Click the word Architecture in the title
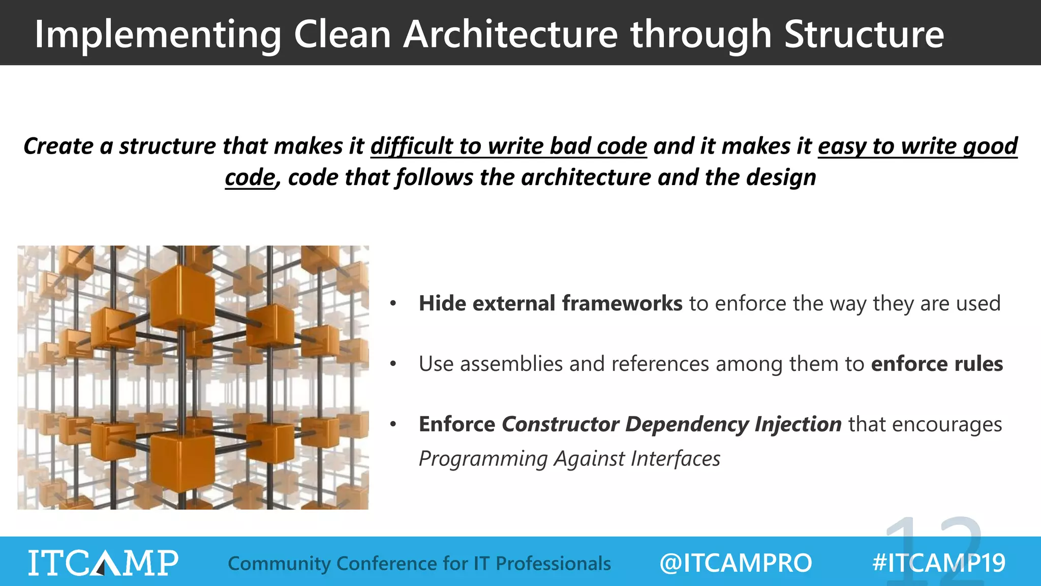pyautogui.click(x=510, y=35)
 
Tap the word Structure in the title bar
pyautogui.click(x=864, y=35)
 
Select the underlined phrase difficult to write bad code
pyautogui.click(x=508, y=146)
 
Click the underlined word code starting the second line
pyautogui.click(x=250, y=178)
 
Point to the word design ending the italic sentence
pyautogui.click(x=781, y=178)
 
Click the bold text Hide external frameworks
pyautogui.click(x=550, y=304)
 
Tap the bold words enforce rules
pyautogui.click(x=937, y=364)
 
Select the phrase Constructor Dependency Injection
pyautogui.click(x=671, y=424)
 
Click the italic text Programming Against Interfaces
pyautogui.click(x=569, y=459)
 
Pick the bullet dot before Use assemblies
pyautogui.click(x=393, y=364)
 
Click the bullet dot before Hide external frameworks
pyautogui.click(x=393, y=304)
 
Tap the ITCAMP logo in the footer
pyautogui.click(x=103, y=563)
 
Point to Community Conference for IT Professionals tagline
pyautogui.click(x=419, y=564)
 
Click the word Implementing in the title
pyautogui.click(x=158, y=35)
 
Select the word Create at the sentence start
pyautogui.click(x=58, y=146)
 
